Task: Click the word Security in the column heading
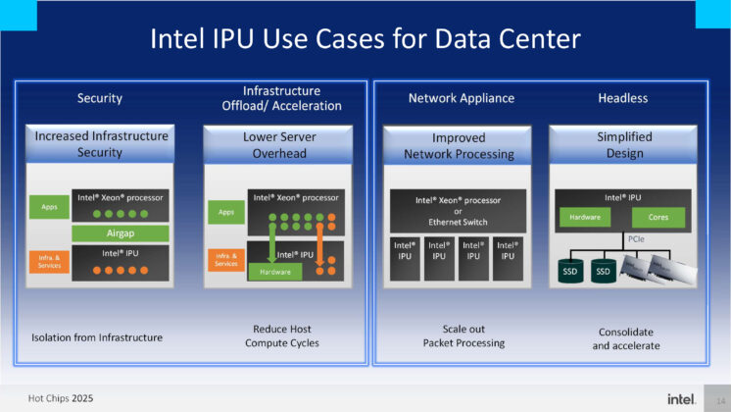pos(100,98)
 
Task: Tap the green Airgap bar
pos(120,233)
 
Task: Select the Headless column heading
pos(623,98)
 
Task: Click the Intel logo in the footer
pos(682,398)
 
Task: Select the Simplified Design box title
pos(624,144)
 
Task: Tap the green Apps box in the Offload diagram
pos(225,211)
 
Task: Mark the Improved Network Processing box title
pos(459,146)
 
